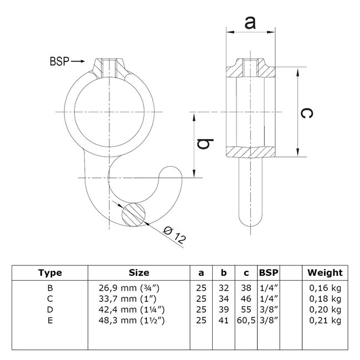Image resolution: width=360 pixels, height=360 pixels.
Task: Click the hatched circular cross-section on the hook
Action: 133,214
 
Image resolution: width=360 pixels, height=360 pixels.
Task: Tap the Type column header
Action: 50,272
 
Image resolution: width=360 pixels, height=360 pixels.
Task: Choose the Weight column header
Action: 325,272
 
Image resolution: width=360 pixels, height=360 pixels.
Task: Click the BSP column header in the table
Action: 269,272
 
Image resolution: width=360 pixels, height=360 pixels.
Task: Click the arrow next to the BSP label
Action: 78,62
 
